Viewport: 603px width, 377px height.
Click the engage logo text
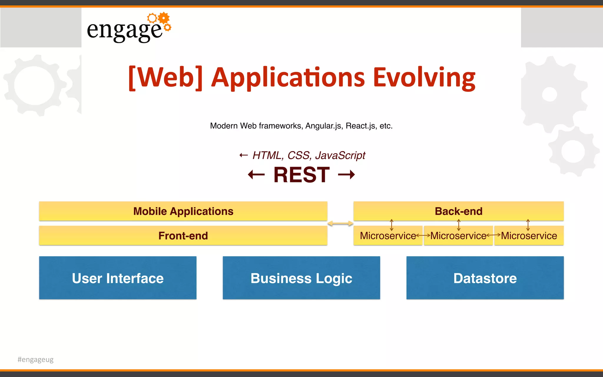tap(124, 30)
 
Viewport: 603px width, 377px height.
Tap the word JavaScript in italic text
tap(340, 155)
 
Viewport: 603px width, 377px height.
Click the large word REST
tap(301, 175)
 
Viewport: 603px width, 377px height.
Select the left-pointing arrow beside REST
tap(256, 175)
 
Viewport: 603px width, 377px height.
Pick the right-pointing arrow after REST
tap(347, 175)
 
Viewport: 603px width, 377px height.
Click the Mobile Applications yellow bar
tap(183, 211)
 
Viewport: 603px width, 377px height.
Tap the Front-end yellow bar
tap(183, 236)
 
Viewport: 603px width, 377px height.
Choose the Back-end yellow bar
tap(458, 211)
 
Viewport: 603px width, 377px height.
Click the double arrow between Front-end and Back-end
tap(340, 224)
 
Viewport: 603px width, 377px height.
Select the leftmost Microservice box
tap(387, 236)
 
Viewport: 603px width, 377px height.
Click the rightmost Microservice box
tap(529, 236)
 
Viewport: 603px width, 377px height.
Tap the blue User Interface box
tap(118, 278)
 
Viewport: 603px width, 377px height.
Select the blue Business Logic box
tap(301, 278)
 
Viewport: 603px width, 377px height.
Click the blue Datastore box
tap(485, 278)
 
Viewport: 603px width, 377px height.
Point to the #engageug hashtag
tap(36, 359)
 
